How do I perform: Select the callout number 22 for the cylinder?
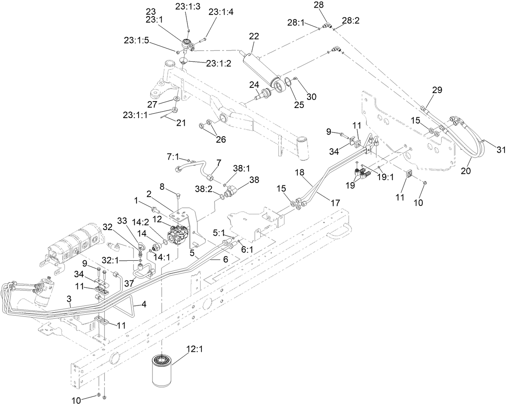253,36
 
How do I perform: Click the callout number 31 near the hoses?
500,150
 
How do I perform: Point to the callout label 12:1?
194,349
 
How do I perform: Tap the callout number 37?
129,284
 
